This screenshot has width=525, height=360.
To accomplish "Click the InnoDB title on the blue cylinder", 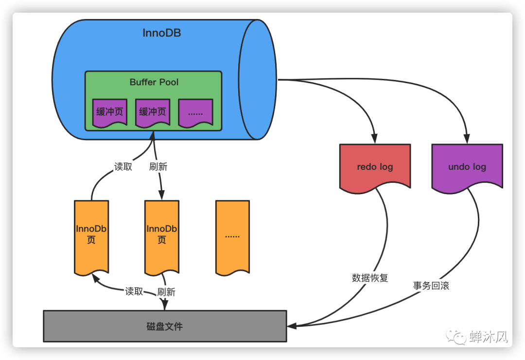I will click(162, 33).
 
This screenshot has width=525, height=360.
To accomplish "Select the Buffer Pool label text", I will click(154, 82).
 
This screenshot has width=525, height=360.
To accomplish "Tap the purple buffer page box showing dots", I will click(195, 113).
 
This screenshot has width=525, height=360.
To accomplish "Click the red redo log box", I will click(375, 166).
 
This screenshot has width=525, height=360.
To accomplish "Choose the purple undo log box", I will click(467, 166).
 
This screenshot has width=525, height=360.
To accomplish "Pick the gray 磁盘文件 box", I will click(164, 325).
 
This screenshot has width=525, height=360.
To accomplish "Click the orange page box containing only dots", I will click(232, 236).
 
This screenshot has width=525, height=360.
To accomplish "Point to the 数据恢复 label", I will click(370, 278).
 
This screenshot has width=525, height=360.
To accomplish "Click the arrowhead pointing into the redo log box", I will click(375, 139).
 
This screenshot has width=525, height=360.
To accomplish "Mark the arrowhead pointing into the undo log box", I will click(467, 139).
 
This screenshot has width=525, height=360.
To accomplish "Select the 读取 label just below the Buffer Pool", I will click(123, 167).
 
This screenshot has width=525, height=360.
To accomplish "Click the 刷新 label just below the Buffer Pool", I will click(158, 167).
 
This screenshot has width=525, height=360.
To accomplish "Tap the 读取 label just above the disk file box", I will click(134, 291).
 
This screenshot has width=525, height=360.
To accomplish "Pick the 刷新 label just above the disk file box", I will click(166, 292).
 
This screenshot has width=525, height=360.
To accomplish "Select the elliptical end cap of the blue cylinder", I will click(257, 80).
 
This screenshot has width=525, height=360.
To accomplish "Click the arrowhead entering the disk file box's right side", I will click(290, 325).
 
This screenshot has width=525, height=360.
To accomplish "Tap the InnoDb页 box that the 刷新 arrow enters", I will click(161, 236).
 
